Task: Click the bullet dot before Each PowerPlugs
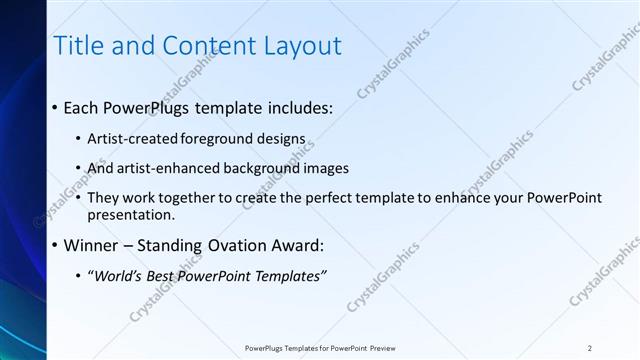click(x=54, y=108)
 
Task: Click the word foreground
click(x=217, y=139)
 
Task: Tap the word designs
click(x=281, y=139)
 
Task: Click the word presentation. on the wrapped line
click(x=132, y=214)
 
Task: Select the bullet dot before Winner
click(x=54, y=245)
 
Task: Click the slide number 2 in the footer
click(x=590, y=347)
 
